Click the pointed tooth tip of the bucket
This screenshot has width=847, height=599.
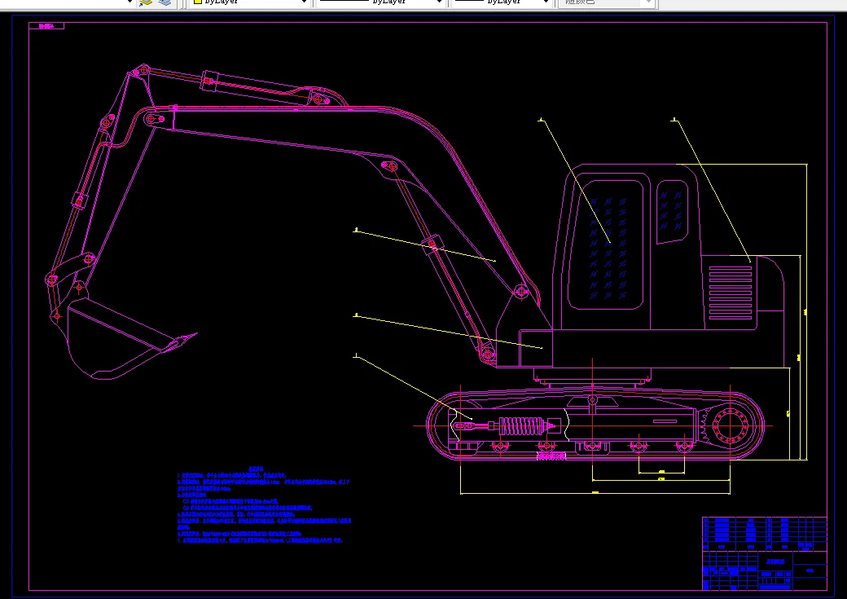click(x=194, y=335)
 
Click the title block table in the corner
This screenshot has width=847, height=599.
click(x=764, y=553)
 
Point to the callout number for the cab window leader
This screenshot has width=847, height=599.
click(x=540, y=121)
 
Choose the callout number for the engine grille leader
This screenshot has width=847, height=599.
click(x=674, y=121)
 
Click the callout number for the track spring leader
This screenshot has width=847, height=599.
click(x=356, y=356)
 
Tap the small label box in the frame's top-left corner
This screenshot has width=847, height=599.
click(x=46, y=26)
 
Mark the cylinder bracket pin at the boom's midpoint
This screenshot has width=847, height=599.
click(x=391, y=167)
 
